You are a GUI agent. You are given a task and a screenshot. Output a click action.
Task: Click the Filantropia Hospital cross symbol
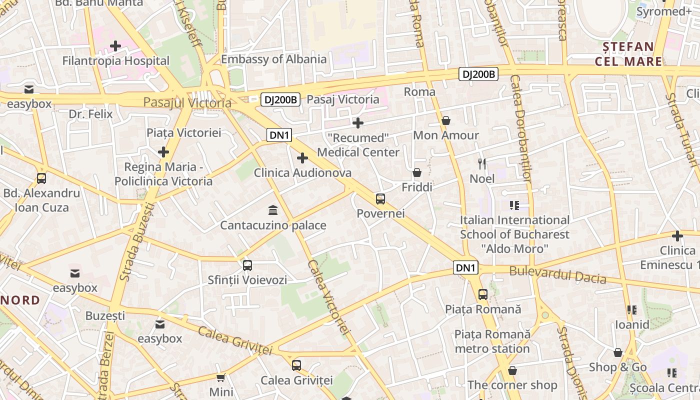point(115,46)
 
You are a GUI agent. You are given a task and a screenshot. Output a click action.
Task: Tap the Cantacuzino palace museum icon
point(273,209)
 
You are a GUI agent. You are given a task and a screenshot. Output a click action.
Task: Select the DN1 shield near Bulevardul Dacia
point(465,268)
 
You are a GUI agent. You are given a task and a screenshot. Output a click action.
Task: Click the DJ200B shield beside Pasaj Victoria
point(280,100)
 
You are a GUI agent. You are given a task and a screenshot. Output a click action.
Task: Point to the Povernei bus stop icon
point(380,199)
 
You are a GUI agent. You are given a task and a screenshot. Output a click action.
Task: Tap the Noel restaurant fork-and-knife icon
point(482,163)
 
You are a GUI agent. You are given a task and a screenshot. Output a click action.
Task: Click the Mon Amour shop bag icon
point(445,120)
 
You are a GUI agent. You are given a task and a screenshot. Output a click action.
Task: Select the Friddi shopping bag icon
point(417,172)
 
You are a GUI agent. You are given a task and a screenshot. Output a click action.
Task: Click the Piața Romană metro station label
point(492,341)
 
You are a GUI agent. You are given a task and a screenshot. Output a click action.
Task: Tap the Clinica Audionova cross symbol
point(302,158)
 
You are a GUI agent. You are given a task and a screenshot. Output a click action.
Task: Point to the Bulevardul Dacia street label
point(557,275)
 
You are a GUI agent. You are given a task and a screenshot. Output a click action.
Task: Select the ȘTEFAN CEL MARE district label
point(628,54)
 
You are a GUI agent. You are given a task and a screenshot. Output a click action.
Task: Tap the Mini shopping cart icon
point(221,377)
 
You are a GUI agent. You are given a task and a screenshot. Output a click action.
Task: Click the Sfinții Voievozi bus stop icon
point(247,265)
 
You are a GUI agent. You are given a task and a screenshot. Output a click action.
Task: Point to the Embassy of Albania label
point(273,59)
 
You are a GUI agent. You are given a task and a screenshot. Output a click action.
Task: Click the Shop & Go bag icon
point(618,352)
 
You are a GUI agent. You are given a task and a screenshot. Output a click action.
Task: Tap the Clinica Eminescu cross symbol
point(677,235)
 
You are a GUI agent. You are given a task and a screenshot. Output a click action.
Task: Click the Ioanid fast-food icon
point(632,310)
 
